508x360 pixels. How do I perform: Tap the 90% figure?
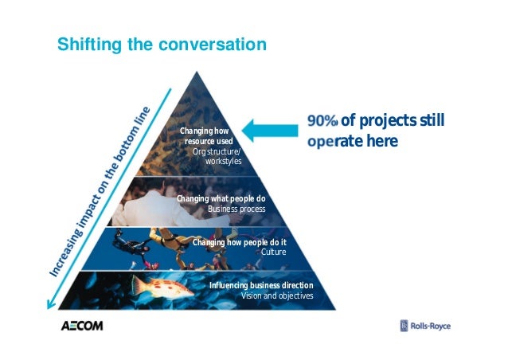322,121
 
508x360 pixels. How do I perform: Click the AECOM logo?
82,326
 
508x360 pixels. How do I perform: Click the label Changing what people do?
221,198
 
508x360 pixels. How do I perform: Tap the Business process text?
236,209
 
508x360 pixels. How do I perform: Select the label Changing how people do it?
239,241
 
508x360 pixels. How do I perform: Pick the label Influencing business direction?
260,285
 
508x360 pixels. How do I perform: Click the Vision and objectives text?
276,295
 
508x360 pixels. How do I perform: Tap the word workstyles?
223,161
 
